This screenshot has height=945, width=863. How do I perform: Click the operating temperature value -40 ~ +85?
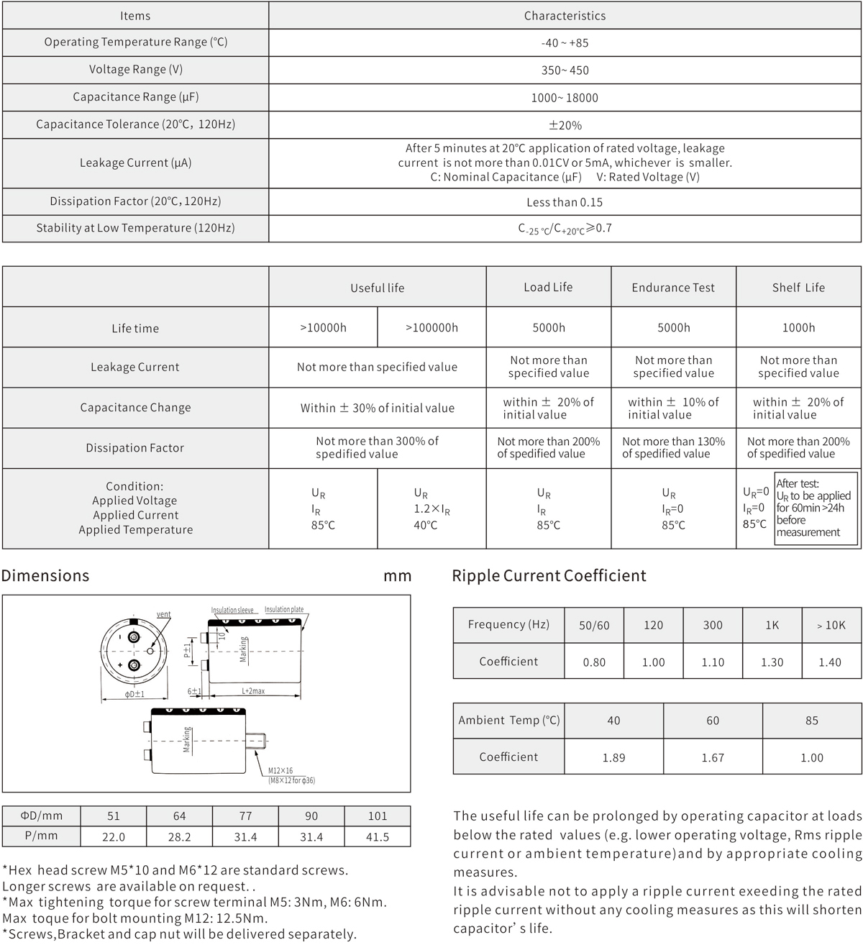(x=565, y=43)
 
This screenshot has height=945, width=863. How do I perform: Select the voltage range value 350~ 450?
(x=565, y=70)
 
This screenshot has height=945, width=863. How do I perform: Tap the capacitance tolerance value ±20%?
(x=565, y=125)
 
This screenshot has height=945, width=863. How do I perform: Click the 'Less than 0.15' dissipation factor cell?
(x=565, y=202)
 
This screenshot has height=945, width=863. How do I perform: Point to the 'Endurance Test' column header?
(x=673, y=288)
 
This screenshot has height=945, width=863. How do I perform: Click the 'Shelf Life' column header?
(x=798, y=288)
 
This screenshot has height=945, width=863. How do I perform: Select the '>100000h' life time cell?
(x=431, y=328)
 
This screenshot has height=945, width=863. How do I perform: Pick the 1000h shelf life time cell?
(x=798, y=328)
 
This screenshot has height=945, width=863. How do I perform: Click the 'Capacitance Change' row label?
(x=135, y=407)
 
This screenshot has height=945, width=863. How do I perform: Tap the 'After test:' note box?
(x=816, y=508)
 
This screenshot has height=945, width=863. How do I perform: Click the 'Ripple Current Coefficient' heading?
(x=549, y=575)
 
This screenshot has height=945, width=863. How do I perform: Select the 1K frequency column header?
(x=772, y=625)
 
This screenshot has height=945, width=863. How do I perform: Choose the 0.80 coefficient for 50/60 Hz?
(x=594, y=662)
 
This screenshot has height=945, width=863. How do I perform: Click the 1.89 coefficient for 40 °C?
(x=613, y=757)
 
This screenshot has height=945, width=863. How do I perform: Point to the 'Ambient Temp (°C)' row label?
(x=508, y=720)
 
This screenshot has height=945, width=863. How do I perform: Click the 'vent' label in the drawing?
(x=164, y=614)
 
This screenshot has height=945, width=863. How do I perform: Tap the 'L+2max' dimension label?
(x=253, y=691)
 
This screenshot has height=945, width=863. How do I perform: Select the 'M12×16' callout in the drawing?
(x=280, y=771)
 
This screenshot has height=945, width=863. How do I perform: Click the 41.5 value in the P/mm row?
(x=377, y=837)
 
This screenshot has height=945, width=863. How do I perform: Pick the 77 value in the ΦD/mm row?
(x=245, y=816)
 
